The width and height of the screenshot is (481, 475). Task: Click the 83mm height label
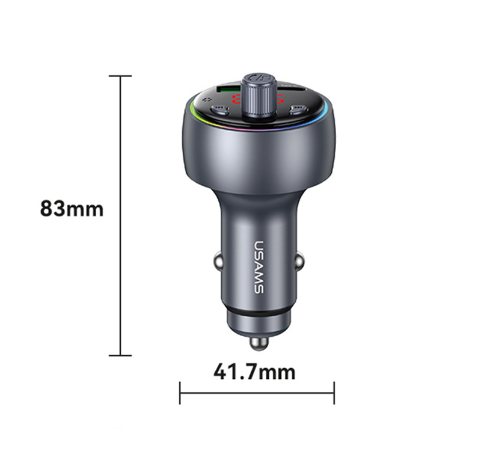[x=72, y=209]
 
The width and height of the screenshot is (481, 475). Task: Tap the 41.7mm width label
[x=254, y=372]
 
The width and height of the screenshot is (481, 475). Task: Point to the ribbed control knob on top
[x=259, y=96]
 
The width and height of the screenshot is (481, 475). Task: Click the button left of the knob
[x=219, y=109]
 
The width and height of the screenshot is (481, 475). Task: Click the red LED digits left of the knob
[x=237, y=99]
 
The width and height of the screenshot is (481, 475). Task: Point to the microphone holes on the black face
[x=207, y=99]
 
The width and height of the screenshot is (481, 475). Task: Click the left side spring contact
[x=218, y=262]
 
